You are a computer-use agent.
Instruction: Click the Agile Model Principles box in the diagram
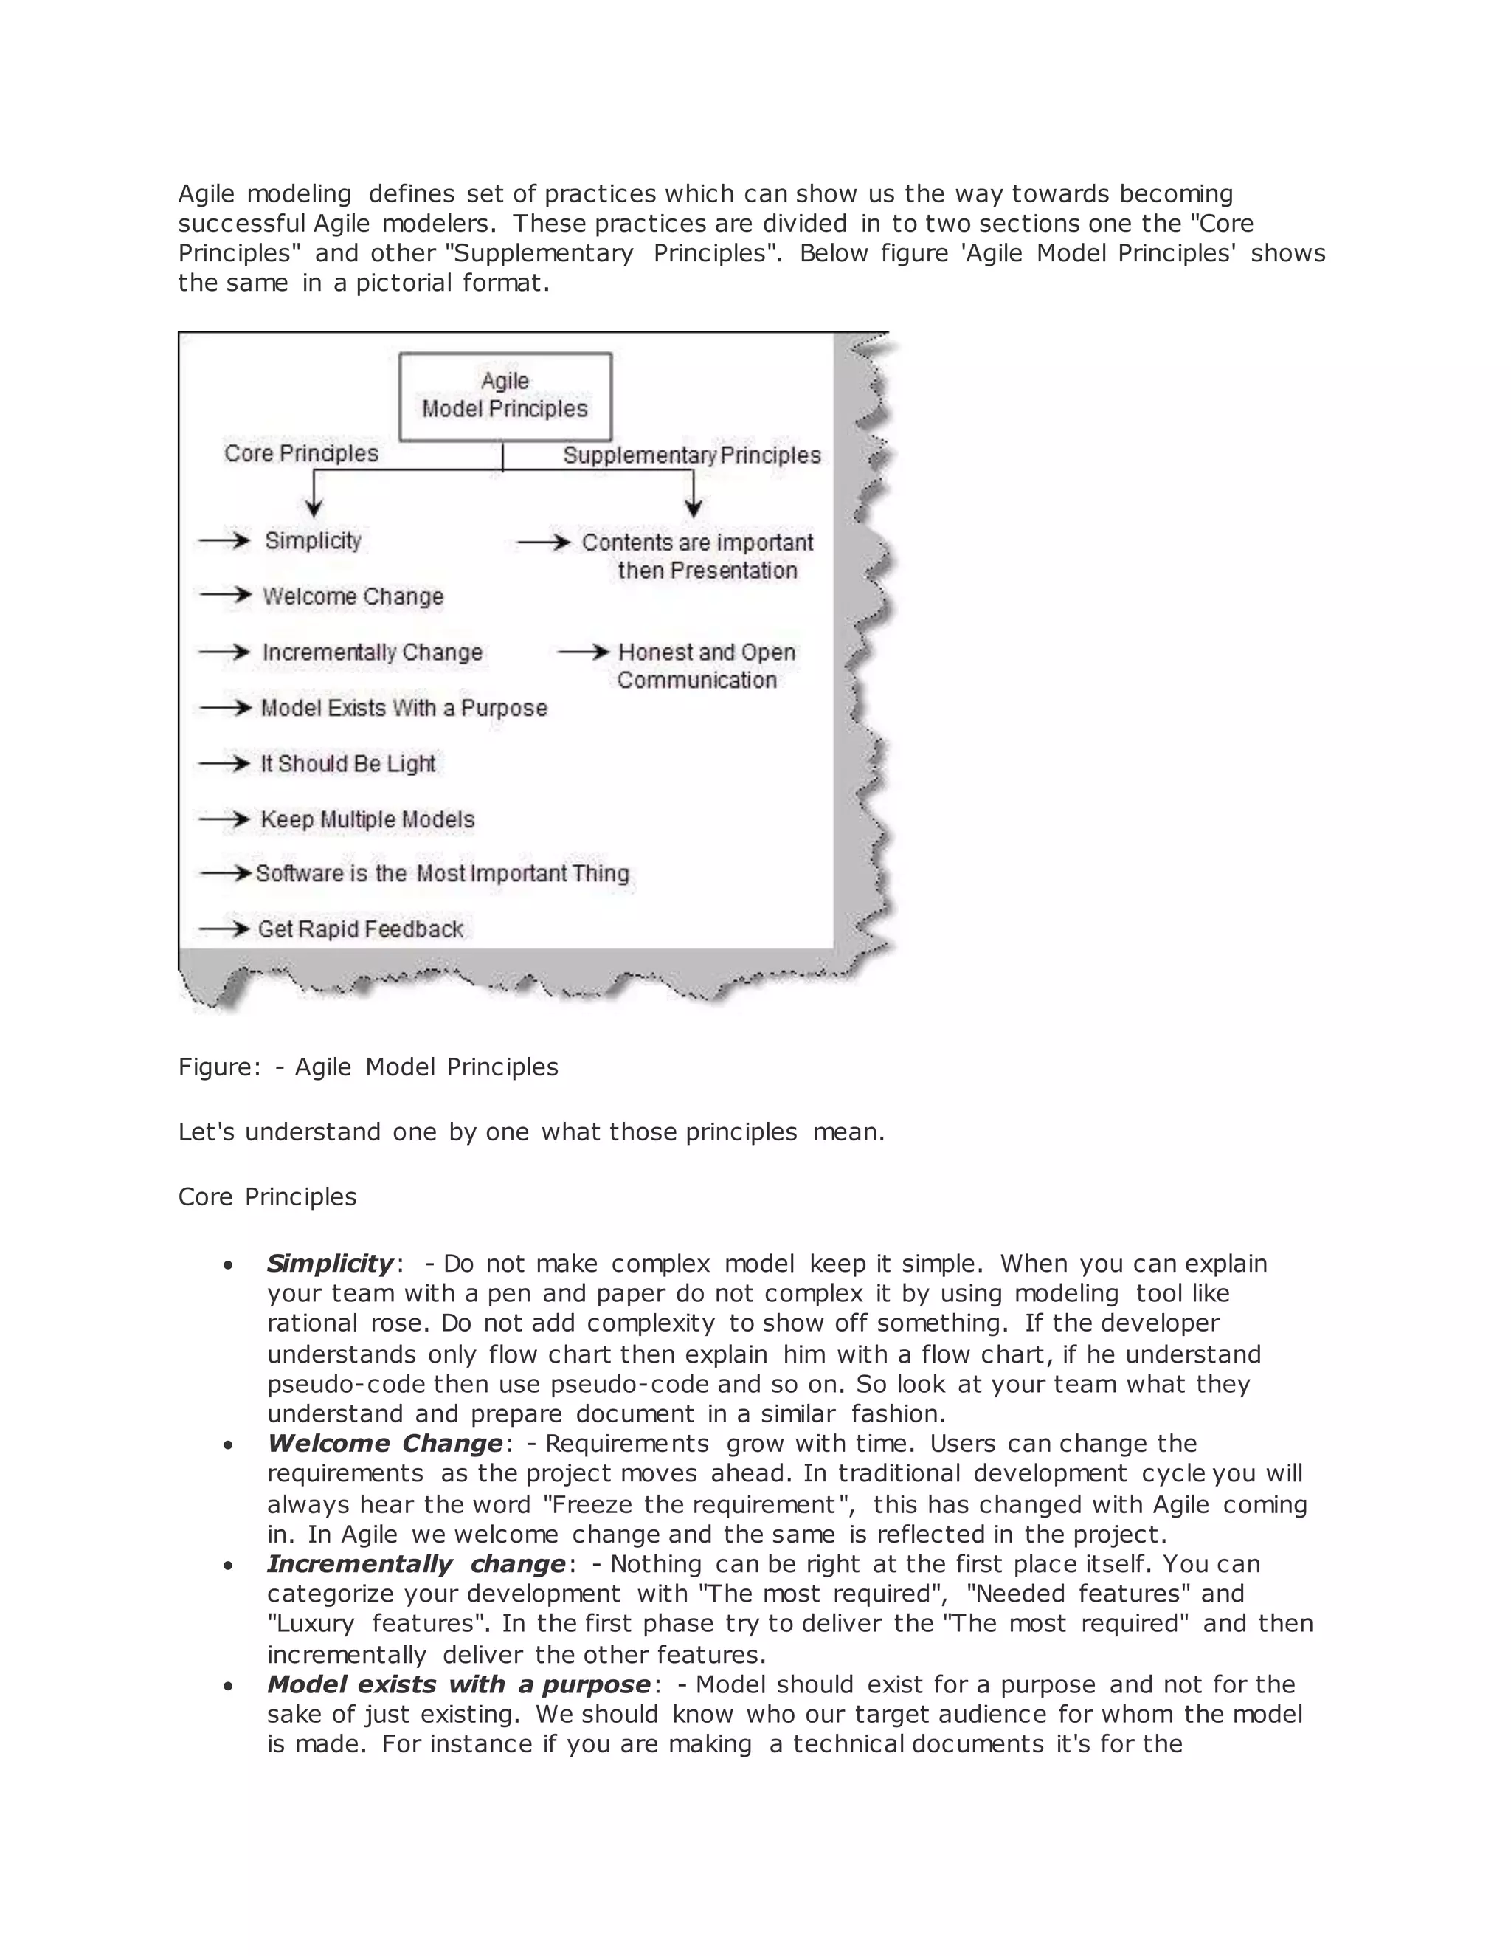(505, 396)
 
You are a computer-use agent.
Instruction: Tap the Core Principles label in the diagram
(301, 453)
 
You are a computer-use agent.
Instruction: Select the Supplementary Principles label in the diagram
(691, 455)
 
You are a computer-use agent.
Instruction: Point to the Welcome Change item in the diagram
(353, 596)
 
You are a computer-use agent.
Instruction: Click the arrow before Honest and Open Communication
(583, 652)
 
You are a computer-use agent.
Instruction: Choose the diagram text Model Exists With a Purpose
(404, 708)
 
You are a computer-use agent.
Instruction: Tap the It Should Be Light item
(348, 764)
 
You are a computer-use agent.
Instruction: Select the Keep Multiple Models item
(367, 819)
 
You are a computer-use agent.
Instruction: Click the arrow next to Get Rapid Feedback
(224, 929)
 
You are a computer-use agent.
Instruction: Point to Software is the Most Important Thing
(442, 873)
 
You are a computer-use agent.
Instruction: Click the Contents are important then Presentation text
(697, 557)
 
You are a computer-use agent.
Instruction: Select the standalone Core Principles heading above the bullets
(267, 1196)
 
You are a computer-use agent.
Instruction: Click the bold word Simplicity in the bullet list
(329, 1264)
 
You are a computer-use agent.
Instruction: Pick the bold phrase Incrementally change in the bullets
(416, 1564)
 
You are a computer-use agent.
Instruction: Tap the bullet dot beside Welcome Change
(229, 1444)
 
